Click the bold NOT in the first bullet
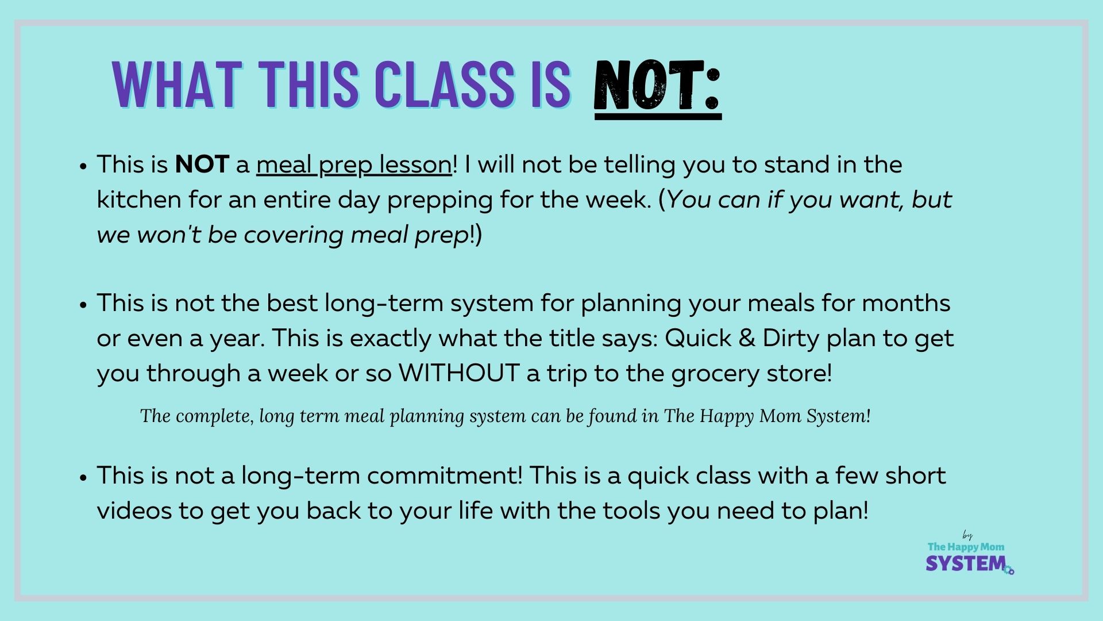[202, 165]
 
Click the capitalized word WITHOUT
[459, 373]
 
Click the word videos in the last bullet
[134, 511]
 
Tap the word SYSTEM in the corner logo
[966, 563]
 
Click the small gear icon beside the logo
[1009, 570]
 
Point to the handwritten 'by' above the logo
[967, 536]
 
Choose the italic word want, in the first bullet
[873, 200]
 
